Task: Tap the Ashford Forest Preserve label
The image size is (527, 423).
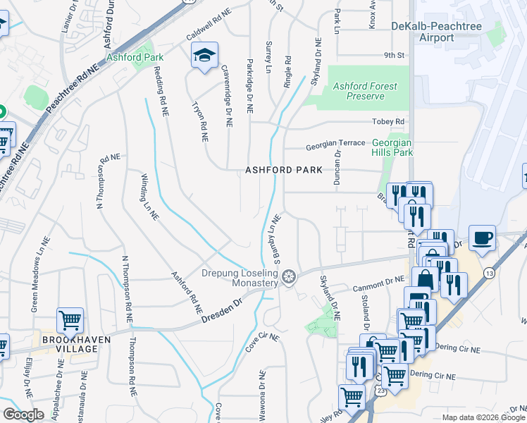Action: pos(365,91)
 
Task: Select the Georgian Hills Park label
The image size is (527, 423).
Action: pos(392,147)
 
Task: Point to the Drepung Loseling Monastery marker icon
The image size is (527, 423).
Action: pos(287,278)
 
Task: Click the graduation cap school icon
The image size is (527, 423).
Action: pos(204,56)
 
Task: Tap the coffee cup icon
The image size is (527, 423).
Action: pos(482,238)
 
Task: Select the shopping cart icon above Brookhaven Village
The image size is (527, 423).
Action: pos(70,321)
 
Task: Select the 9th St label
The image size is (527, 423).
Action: pos(395,54)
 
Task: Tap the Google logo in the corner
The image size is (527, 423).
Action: pos(23,415)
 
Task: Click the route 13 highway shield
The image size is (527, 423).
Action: pos(488,271)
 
